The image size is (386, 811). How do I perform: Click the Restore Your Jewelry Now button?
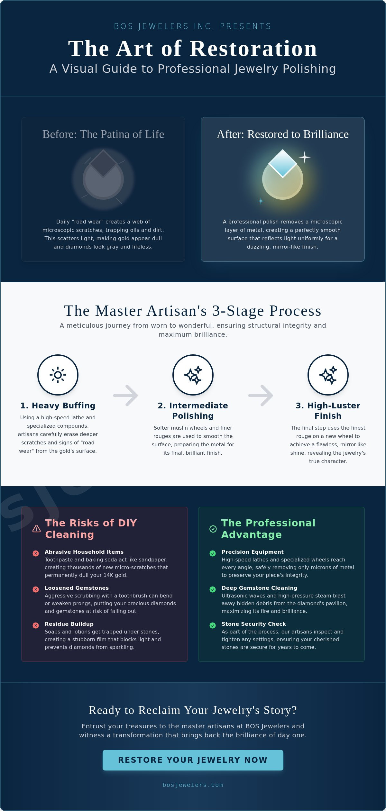coord(193,760)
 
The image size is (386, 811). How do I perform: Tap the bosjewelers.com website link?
coord(193,785)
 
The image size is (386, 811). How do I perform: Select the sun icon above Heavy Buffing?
coord(58,375)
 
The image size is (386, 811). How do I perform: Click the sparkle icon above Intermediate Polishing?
coord(193,375)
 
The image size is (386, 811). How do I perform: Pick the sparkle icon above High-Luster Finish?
coord(328,375)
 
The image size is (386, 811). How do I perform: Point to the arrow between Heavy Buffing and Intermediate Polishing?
coord(125,396)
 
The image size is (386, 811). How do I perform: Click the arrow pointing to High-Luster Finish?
coord(261,396)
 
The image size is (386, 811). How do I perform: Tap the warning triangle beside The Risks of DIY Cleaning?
coord(37,529)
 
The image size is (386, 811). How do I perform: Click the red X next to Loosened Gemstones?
coord(36,589)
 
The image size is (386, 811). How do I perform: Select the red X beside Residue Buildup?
coord(36,625)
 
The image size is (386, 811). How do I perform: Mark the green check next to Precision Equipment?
coord(213,553)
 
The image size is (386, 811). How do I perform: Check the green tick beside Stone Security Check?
coord(213,625)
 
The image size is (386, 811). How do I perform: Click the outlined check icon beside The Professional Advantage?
coord(213,529)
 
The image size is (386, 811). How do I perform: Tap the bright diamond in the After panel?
coord(283,163)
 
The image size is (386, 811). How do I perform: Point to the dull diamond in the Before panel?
coord(103,163)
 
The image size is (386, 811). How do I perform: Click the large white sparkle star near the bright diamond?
coord(304,157)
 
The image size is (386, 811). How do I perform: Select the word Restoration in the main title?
coord(253,49)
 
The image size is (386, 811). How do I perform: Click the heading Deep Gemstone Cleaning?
coord(259,588)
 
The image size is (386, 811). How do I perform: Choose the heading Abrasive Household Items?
coord(84,552)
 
